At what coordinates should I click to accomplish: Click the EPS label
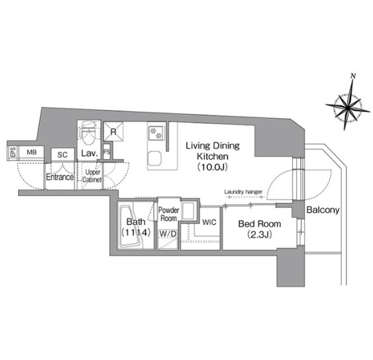click(x=13, y=152)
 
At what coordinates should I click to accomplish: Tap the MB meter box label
click(x=32, y=152)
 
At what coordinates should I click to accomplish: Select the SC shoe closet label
click(x=62, y=155)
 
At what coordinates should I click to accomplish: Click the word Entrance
click(x=60, y=177)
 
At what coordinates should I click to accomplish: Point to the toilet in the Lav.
click(x=89, y=134)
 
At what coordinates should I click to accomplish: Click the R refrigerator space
click(x=113, y=132)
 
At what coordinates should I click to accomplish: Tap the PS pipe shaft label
click(x=107, y=152)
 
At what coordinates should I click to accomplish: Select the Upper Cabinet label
click(x=92, y=176)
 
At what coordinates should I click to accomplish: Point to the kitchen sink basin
click(x=154, y=159)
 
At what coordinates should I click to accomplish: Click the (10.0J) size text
click(x=213, y=167)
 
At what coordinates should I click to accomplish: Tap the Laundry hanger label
click(x=243, y=192)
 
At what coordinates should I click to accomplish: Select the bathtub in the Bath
click(x=132, y=227)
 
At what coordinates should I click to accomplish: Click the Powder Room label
click(x=169, y=214)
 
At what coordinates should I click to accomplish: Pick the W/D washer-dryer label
click(x=168, y=234)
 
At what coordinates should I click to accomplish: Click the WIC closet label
click(x=209, y=222)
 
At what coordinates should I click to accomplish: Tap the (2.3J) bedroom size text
click(x=260, y=235)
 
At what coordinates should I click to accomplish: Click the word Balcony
click(x=323, y=210)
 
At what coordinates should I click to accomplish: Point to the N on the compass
click(x=353, y=76)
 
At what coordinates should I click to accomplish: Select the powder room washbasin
click(x=189, y=211)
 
